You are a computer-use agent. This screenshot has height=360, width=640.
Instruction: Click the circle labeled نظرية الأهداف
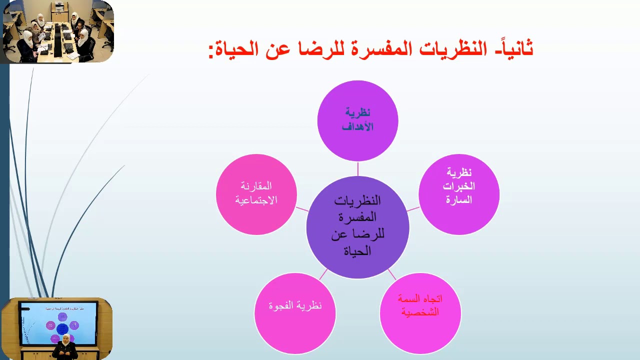pos(357,120)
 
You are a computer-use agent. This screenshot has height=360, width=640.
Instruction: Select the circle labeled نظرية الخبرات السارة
pos(458,194)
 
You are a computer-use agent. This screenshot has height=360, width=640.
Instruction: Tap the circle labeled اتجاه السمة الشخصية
pos(420,313)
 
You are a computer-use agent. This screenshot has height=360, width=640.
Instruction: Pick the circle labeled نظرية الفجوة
pos(295,313)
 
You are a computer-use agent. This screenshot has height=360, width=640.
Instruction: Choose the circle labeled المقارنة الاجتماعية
pos(256,194)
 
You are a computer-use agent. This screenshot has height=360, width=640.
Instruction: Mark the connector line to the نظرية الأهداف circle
pos(357,168)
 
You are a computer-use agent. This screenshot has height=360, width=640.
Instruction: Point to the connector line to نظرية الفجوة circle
pos(323,274)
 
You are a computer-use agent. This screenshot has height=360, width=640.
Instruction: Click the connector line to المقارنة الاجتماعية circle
pos(302,208)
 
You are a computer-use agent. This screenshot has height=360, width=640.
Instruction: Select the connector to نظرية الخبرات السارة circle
pos(413,208)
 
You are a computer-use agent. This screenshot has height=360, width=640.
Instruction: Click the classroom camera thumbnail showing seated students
pos(57,32)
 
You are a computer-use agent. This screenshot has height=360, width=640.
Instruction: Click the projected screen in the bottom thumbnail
pos(58,322)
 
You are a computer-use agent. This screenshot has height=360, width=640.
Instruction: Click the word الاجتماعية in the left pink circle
pos(256,200)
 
